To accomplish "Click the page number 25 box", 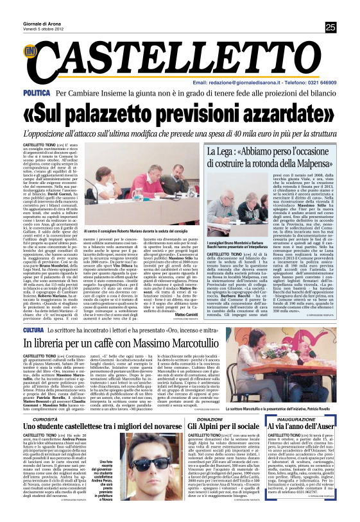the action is click(331, 26).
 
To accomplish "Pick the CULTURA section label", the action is click(33, 329).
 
